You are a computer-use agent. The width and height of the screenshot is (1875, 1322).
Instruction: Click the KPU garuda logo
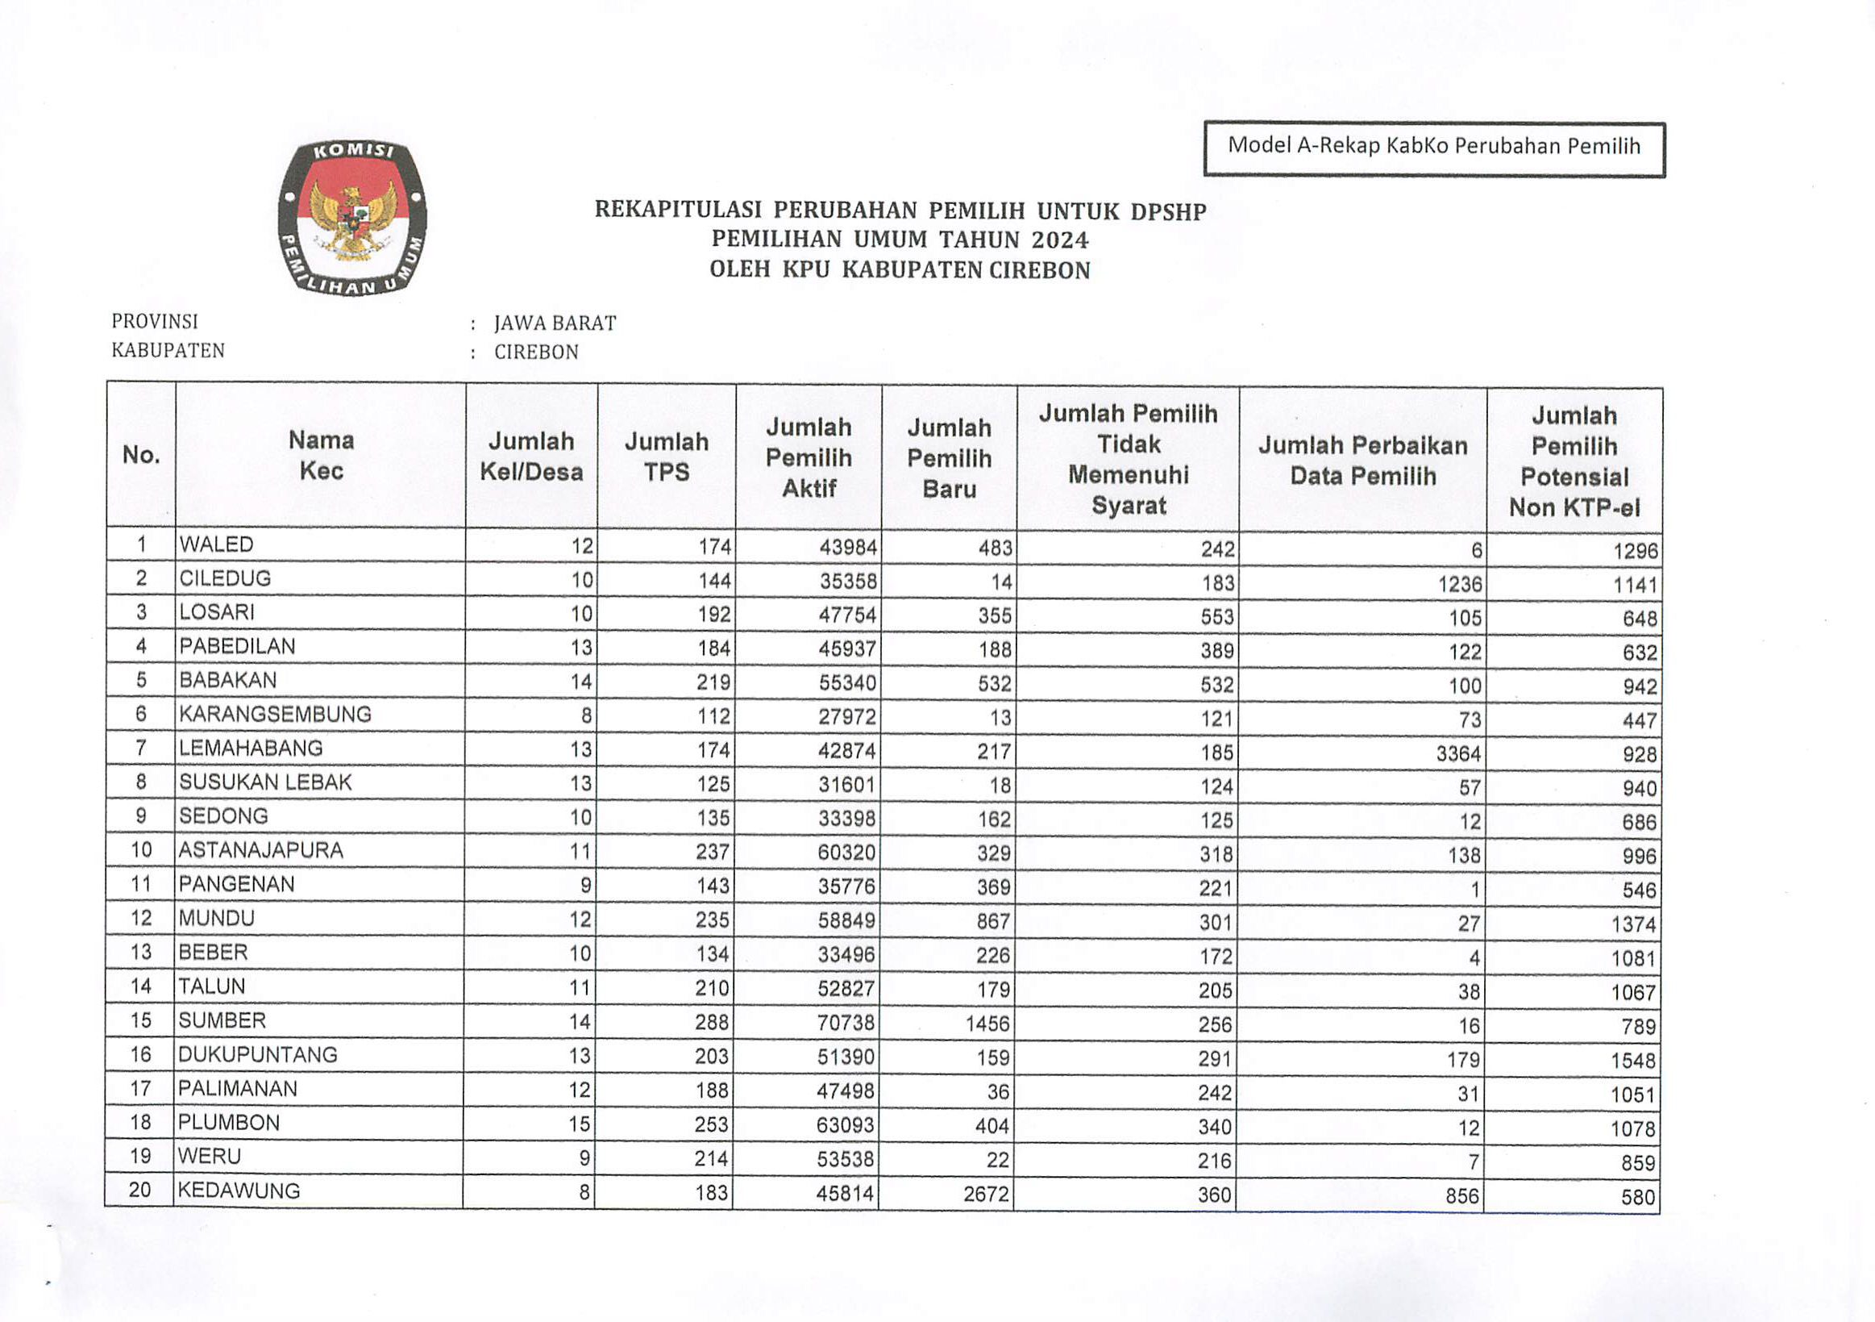pos(352,218)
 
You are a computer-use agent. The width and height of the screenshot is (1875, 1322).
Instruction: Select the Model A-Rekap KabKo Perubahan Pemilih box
pos(1434,148)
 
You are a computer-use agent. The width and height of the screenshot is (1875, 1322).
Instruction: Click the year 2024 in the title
pos(1059,240)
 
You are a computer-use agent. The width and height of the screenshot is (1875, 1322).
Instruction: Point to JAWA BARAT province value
pos(555,323)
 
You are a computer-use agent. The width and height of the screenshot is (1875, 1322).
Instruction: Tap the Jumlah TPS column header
pos(667,457)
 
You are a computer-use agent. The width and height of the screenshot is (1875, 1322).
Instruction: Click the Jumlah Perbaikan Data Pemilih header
pos(1362,461)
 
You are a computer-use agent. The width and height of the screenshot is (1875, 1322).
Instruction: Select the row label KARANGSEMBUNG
pos(275,715)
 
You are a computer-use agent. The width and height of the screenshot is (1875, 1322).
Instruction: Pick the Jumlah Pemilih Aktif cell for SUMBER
pos(846,1023)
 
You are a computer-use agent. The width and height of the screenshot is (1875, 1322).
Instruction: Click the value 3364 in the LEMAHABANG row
pos(1457,753)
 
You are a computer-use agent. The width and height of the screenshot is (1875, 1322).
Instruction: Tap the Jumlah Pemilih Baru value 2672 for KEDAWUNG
pos(986,1195)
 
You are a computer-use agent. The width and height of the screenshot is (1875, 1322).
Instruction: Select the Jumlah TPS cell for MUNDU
pos(711,920)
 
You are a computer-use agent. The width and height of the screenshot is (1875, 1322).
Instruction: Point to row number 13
pos(140,953)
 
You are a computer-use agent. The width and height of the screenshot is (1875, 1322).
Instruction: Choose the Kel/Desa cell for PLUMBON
pos(579,1124)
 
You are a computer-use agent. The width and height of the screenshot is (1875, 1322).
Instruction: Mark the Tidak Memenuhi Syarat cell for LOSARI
pos(1216,617)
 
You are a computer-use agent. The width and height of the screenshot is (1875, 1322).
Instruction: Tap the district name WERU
pos(209,1157)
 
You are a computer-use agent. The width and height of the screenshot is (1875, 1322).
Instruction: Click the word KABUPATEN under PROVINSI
pos(168,351)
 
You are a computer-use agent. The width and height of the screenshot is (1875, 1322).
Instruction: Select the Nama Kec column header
pos(321,456)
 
